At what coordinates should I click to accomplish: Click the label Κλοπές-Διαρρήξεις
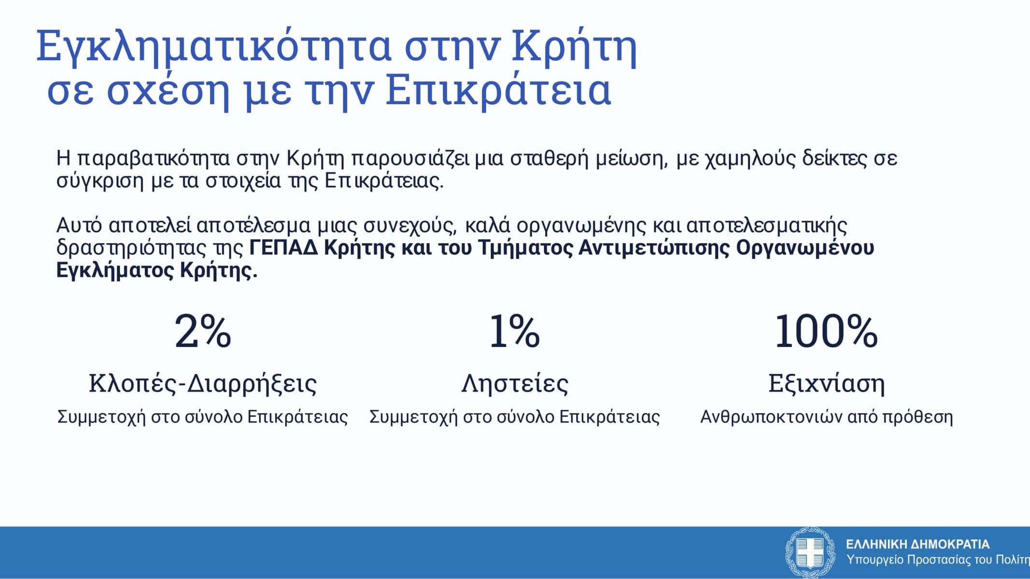point(203,384)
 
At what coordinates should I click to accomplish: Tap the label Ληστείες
point(515,384)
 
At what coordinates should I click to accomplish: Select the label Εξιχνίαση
point(827,384)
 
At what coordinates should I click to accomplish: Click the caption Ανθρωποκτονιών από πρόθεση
point(827,417)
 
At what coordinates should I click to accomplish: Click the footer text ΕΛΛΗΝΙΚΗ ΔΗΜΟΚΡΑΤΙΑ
point(917,545)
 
